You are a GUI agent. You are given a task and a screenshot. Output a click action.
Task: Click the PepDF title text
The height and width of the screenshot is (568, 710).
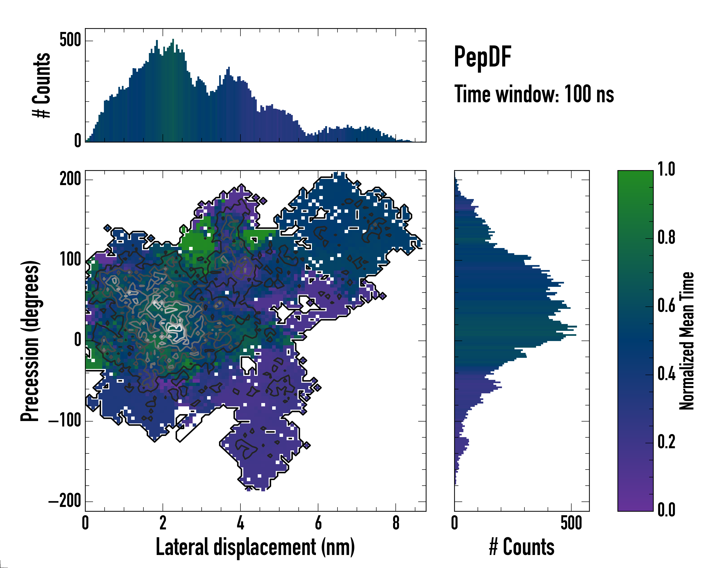tap(482, 57)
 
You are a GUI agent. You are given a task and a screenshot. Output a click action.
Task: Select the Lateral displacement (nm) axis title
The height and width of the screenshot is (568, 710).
tap(255, 547)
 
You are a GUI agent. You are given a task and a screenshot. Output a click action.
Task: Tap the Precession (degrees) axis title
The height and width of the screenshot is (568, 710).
tap(30, 341)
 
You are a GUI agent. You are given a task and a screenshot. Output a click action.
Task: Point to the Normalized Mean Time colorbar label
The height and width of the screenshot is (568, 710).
tap(687, 341)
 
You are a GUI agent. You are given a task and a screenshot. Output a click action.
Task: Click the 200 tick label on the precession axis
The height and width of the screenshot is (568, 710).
tap(70, 179)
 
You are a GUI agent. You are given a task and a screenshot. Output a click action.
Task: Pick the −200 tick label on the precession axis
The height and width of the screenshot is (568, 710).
tap(65, 501)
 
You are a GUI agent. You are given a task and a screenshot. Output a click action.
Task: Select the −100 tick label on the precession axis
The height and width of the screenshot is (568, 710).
tap(65, 421)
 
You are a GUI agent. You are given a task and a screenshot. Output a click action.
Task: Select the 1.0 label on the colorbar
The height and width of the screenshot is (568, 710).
tap(666, 170)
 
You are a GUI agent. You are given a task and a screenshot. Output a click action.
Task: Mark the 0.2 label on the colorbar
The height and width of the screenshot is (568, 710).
tap(666, 442)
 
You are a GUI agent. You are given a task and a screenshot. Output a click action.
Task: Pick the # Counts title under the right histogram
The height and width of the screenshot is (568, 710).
tap(522, 547)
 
